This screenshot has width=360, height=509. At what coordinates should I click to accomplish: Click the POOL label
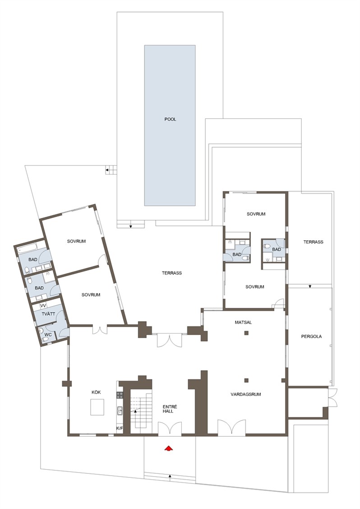pyautogui.click(x=170, y=119)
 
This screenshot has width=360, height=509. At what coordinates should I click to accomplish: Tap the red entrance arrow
pyautogui.click(x=168, y=448)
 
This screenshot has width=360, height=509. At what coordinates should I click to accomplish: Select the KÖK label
pyautogui.click(x=96, y=392)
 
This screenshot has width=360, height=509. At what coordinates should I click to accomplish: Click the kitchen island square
pyautogui.click(x=97, y=407)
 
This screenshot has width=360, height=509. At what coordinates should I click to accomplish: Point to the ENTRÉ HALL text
pyautogui.click(x=170, y=409)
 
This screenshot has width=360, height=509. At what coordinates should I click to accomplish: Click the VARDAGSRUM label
pyautogui.click(x=245, y=394)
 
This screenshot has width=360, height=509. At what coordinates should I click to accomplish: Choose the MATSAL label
pyautogui.click(x=243, y=322)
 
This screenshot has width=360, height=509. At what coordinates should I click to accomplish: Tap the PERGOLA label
pyautogui.click(x=311, y=336)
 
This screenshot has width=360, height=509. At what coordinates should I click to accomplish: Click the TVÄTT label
pyautogui.click(x=48, y=314)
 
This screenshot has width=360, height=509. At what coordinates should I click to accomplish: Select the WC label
pyautogui.click(x=48, y=335)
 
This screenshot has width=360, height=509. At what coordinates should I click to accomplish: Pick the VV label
pyautogui.click(x=43, y=306)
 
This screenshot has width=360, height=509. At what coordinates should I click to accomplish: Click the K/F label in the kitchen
pyautogui.click(x=120, y=428)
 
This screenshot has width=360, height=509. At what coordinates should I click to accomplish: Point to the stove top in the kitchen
pyautogui.click(x=120, y=395)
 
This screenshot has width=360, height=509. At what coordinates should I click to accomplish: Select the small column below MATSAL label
pyautogui.click(x=246, y=333)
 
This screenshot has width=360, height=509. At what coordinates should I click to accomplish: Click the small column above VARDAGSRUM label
pyautogui.click(x=246, y=381)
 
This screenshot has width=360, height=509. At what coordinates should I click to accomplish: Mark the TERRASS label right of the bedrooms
pyautogui.click(x=313, y=242)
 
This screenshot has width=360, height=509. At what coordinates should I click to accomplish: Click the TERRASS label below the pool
pyautogui.click(x=172, y=273)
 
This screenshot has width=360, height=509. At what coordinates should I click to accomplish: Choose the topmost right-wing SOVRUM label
pyautogui.click(x=256, y=214)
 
